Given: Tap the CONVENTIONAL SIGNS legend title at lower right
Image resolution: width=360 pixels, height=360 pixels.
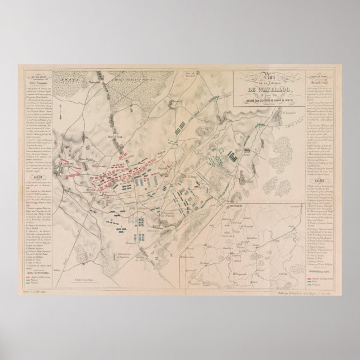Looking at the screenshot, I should pos(320,270).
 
